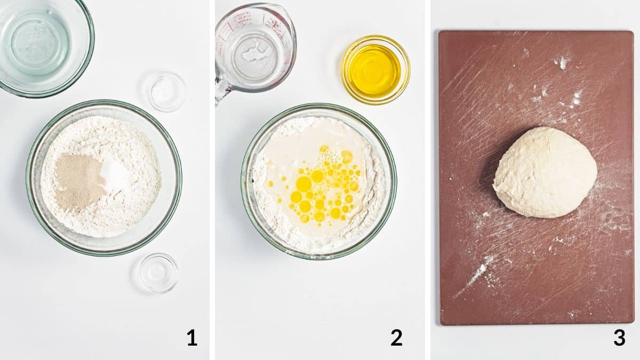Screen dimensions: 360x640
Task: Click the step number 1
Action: (192, 338)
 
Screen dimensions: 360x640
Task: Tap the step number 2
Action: (396, 338)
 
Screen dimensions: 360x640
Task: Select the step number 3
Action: (619, 338)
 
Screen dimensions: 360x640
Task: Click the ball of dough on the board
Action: (545, 172)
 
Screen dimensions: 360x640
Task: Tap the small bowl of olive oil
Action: (375, 70)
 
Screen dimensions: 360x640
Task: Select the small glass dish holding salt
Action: (166, 92)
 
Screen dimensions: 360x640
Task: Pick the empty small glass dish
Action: (158, 273)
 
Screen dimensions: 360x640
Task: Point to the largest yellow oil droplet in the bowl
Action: (303, 184)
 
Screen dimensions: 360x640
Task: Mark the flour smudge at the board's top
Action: (562, 62)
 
